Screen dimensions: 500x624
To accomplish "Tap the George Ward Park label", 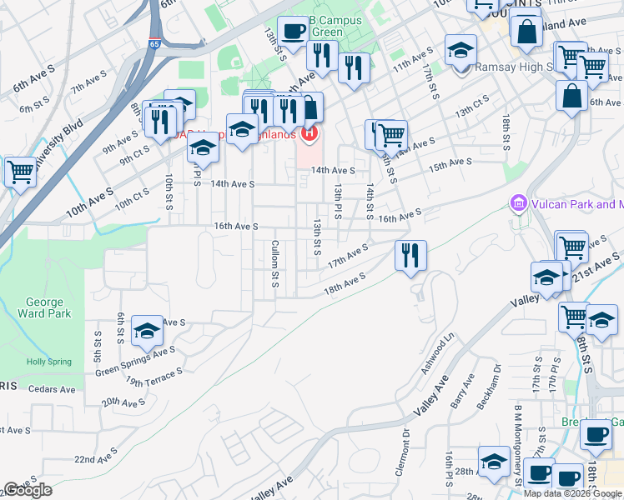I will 44,308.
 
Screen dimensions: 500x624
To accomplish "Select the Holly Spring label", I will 47,362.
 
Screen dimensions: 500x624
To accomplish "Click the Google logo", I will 28,490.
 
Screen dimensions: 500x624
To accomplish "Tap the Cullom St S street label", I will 274,265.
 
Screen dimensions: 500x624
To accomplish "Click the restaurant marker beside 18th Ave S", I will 409,255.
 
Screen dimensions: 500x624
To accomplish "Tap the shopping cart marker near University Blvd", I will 20,172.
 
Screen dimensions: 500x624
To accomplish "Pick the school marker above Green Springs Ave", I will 147,332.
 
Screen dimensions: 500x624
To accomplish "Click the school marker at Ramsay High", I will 460,51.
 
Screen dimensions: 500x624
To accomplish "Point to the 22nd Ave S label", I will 97,460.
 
